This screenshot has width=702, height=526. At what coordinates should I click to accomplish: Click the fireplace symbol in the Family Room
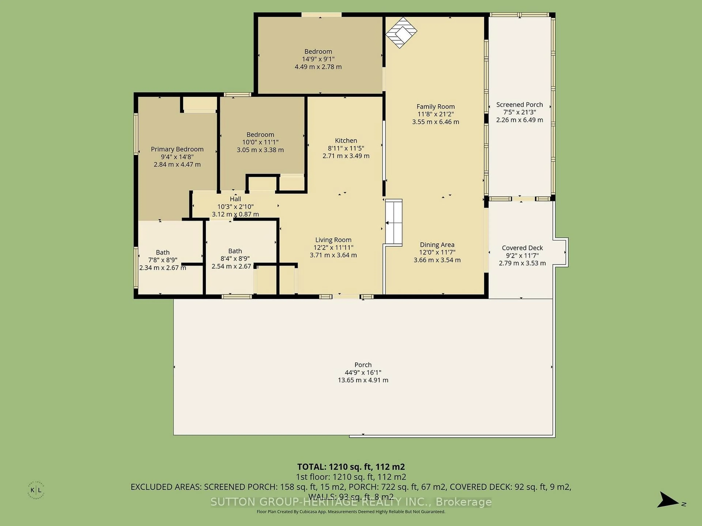pyautogui.click(x=401, y=32)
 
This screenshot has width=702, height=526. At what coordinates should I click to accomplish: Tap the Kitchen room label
pyautogui.click(x=346, y=140)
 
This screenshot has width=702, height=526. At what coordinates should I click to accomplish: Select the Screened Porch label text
pyautogui.click(x=520, y=105)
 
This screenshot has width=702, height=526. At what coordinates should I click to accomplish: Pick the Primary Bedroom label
pyautogui.click(x=177, y=149)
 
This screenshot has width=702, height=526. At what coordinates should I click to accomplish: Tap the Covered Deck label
pyautogui.click(x=522, y=248)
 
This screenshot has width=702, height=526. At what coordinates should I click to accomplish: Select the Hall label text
pyautogui.click(x=235, y=199)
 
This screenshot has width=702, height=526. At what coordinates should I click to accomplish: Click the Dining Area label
pyautogui.click(x=437, y=245)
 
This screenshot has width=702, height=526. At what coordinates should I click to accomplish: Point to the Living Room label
pyautogui.click(x=333, y=240)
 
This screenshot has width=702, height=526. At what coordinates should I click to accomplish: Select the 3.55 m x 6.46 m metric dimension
pyautogui.click(x=435, y=122)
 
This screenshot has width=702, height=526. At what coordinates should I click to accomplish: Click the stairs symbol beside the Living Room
pyautogui.click(x=394, y=223)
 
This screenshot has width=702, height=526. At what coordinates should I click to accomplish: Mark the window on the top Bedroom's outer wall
pyautogui.click(x=321, y=15)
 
